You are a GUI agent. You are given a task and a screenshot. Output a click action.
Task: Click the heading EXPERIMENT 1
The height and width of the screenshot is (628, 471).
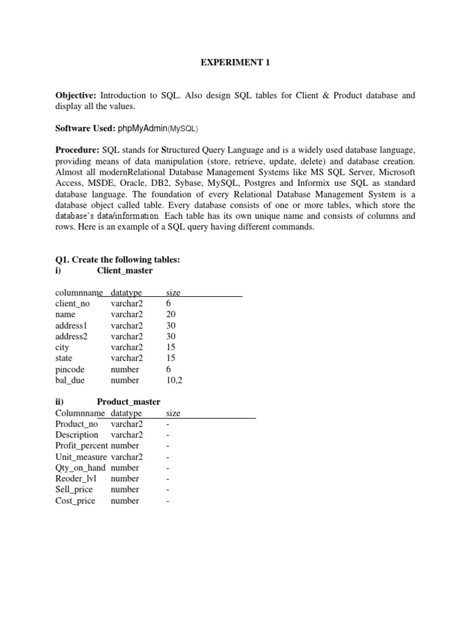click(236, 63)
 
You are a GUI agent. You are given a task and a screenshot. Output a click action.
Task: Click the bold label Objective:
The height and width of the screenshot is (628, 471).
click(76, 96)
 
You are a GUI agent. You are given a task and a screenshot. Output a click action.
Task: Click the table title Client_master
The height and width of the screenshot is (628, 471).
click(125, 270)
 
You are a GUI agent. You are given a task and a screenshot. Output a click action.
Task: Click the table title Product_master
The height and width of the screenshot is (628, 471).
click(129, 402)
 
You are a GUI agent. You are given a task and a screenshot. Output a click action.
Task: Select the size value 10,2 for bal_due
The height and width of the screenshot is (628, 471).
click(174, 380)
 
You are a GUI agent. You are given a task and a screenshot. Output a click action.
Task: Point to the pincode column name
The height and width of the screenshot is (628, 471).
click(70, 369)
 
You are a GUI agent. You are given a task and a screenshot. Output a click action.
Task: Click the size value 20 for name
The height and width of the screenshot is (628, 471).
click(171, 315)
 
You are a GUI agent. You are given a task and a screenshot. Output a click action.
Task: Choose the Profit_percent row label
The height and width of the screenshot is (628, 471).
click(81, 446)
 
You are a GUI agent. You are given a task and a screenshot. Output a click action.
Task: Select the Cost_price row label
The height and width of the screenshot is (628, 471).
click(75, 500)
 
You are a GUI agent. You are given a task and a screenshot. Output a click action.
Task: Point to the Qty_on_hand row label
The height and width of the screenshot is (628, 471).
click(80, 467)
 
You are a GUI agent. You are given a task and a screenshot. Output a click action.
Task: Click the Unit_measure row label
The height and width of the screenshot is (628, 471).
click(81, 457)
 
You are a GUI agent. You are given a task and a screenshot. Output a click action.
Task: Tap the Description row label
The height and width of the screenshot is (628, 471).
click(77, 435)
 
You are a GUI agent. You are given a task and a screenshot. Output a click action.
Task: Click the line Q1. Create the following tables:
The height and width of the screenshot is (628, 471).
click(118, 259)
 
